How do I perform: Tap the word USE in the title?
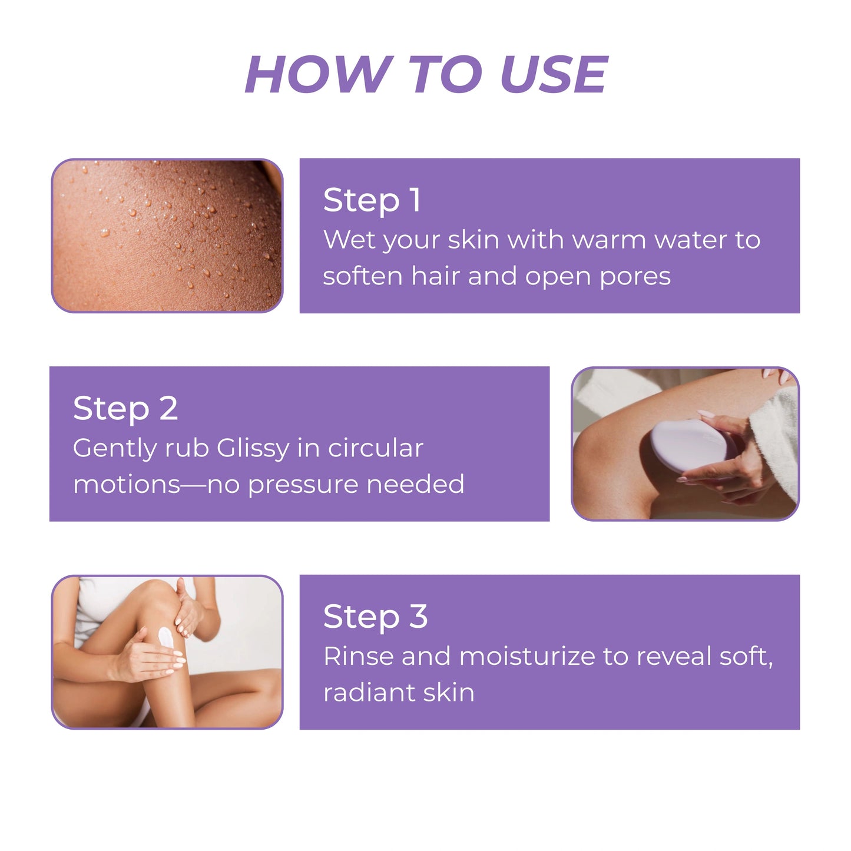[x=554, y=75]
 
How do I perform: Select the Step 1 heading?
[x=372, y=200]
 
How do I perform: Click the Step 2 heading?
[x=125, y=409]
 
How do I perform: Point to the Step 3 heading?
[x=375, y=617]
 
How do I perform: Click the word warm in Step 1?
[x=609, y=240]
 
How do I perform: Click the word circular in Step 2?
[x=376, y=449]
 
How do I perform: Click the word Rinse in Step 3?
[x=358, y=657]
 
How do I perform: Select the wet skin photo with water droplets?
[x=167, y=236]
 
